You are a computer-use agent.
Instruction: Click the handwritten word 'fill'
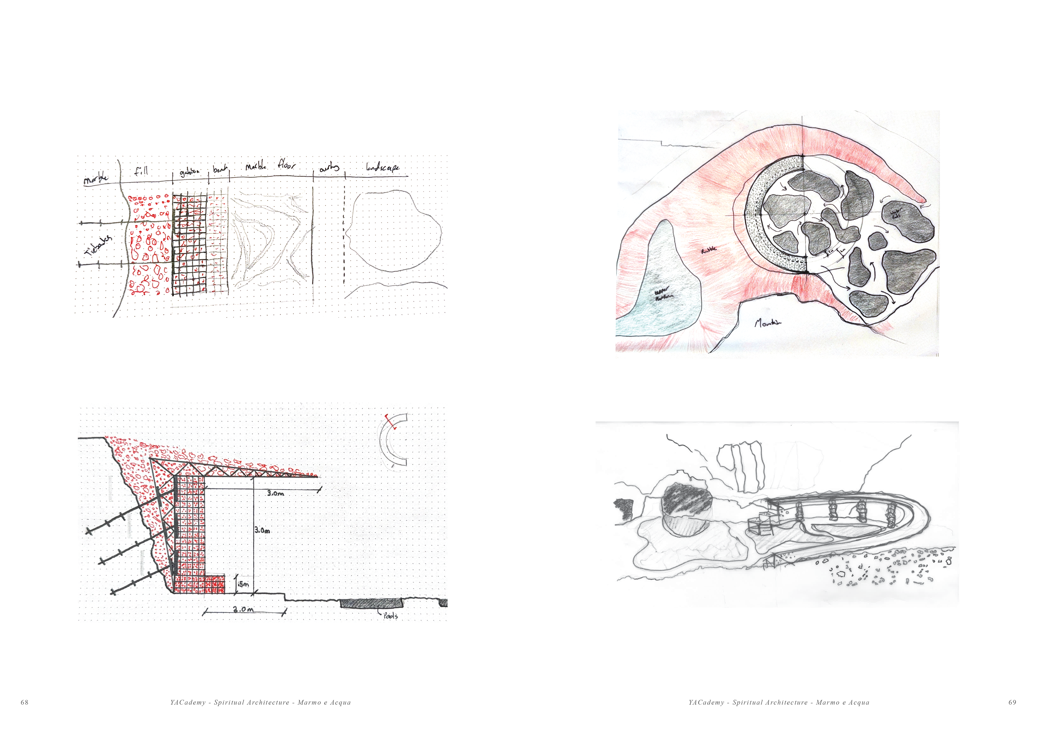141,171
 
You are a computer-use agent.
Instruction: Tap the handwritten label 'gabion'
190,172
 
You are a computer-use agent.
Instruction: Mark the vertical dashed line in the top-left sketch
344,230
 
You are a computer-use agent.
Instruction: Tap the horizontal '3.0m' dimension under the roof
275,493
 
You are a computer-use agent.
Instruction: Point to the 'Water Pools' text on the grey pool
896,213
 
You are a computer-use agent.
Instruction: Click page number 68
24,702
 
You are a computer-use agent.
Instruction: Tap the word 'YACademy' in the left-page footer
188,702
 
